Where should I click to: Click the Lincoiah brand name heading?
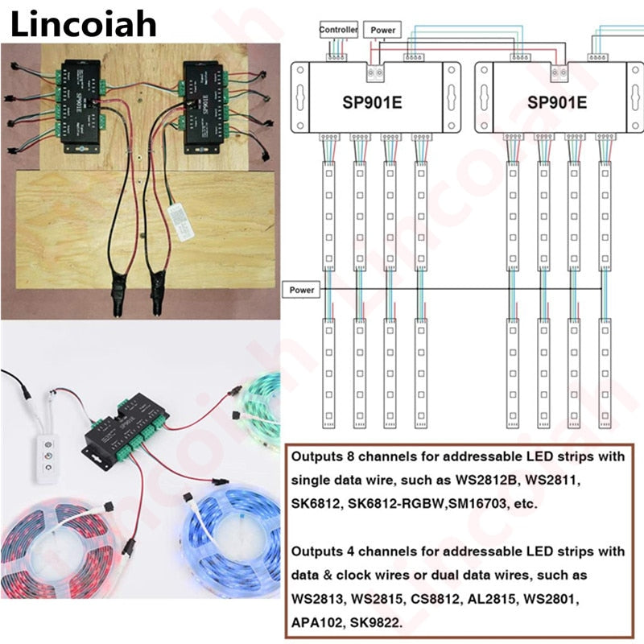[83, 24]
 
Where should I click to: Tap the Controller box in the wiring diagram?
[338, 30]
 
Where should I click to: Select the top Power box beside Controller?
[383, 30]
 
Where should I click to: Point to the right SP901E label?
[557, 102]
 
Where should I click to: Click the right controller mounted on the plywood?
[200, 105]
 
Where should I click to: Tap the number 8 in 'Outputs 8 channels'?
[348, 456]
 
